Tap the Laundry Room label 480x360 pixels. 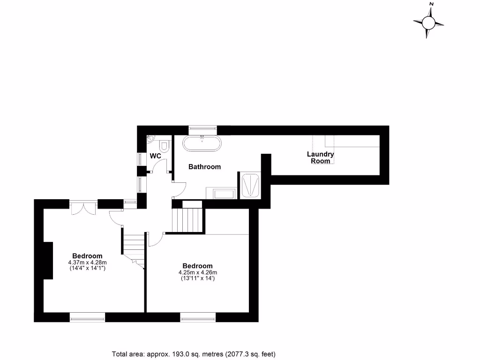click(x=320, y=157)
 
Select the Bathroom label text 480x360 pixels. click(x=204, y=167)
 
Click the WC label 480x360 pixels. click(x=156, y=156)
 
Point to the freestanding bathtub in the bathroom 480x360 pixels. click(x=202, y=143)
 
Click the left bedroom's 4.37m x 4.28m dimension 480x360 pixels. click(x=88, y=262)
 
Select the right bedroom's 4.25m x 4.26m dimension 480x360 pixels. click(x=198, y=272)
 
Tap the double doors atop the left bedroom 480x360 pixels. click(x=84, y=208)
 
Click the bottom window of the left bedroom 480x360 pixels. click(x=87, y=318)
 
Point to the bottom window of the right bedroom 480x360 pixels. click(x=198, y=318)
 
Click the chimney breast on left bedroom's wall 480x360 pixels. click(x=48, y=261)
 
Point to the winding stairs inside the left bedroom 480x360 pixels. click(x=133, y=248)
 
